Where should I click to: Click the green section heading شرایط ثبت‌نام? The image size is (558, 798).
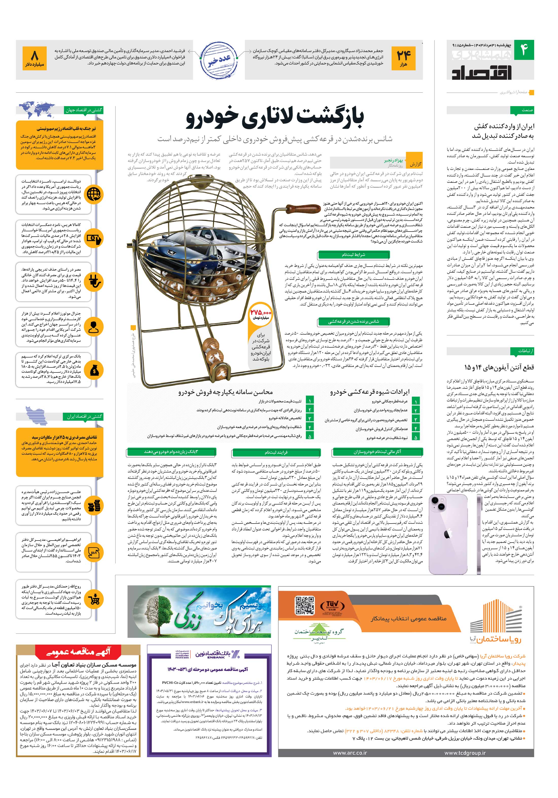pyautogui.click(x=353, y=255)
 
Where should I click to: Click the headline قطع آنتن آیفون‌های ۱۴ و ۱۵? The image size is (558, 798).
pyautogui.click(x=499, y=367)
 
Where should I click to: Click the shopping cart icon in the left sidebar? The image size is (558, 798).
pyautogui.click(x=94, y=599)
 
